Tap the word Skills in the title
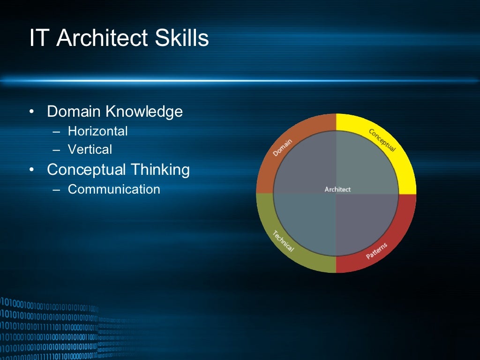coord(182,38)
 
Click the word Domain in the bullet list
coord(74,112)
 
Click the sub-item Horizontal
coord(97,131)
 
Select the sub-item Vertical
coord(90,150)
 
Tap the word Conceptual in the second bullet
coord(86,170)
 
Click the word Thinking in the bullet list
coord(160,170)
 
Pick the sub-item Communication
coord(114,189)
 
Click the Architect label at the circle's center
coord(337,189)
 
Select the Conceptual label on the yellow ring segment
coord(382,140)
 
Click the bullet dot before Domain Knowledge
coord(31,112)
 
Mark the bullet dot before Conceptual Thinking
coord(31,170)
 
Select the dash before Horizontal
coord(57,132)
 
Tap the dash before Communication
coord(57,190)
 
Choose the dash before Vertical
coord(57,150)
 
